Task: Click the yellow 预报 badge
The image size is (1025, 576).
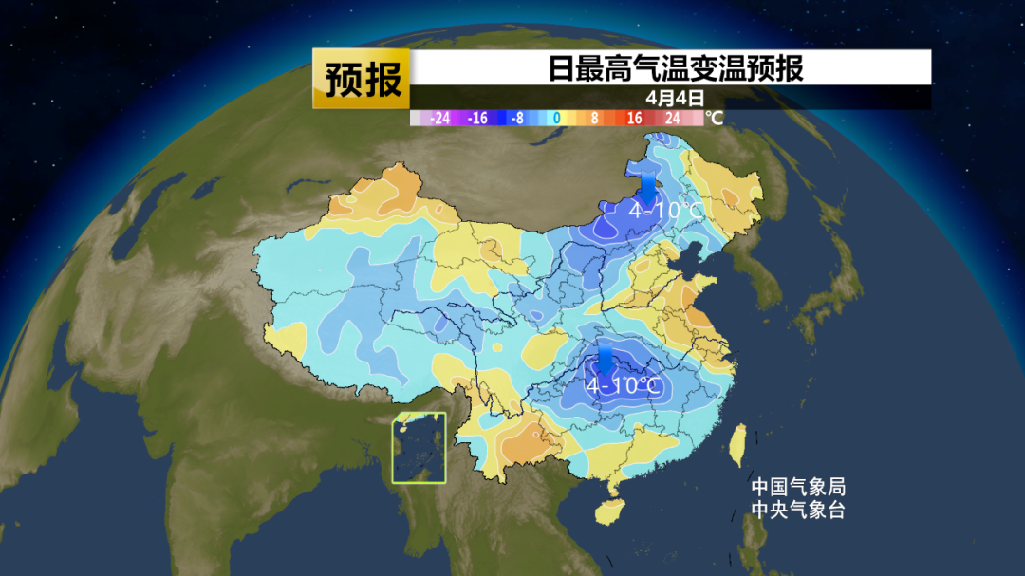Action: (363, 79)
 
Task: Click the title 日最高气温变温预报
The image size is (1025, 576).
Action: (675, 68)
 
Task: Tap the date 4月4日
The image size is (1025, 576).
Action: (675, 97)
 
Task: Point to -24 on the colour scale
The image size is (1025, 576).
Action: (439, 119)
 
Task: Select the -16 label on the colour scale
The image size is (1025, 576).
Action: (478, 119)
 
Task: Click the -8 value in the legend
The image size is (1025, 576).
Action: (517, 119)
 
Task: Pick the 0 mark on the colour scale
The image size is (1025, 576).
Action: (557, 119)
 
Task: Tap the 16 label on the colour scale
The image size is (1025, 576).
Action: (634, 119)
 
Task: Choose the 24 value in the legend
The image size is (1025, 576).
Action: (673, 119)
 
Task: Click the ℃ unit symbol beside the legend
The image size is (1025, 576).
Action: (715, 119)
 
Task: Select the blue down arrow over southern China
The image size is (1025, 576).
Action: (604, 361)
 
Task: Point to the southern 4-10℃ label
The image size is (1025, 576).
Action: (623, 386)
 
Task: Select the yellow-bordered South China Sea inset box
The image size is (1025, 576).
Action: (419, 448)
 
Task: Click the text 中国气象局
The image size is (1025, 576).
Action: (797, 487)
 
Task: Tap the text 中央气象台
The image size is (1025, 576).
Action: (797, 510)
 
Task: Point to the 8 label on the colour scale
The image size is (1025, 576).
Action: (595, 119)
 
